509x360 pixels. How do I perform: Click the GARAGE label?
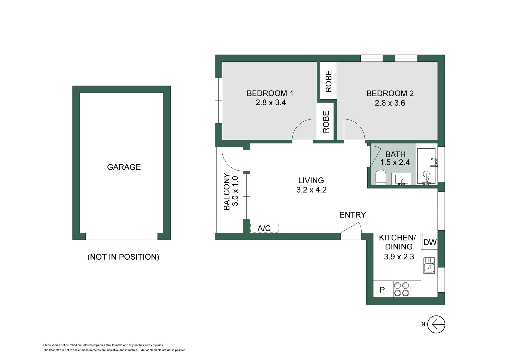pos(124,167)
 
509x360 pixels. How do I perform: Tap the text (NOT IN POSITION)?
pos(123,257)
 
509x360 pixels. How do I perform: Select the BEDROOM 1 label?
pos(270,93)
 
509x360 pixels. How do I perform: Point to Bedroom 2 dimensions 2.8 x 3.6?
pos(390,103)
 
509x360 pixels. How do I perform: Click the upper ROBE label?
pos(329,81)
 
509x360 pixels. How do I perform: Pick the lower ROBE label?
pos(326,122)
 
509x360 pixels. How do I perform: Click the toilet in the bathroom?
pos(380,177)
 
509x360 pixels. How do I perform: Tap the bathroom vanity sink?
pos(402,179)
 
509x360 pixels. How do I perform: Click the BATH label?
pos(395,154)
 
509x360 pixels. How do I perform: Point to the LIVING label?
pos(311,180)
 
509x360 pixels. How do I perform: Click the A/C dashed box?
pos(264,228)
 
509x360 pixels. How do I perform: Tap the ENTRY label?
pos(353,215)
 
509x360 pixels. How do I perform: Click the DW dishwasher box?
pos(430,242)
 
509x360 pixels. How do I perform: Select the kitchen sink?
pos(429,265)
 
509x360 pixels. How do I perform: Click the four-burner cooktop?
pos(402,289)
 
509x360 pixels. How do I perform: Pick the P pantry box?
pos(382,290)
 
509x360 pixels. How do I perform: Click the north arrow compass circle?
pos(436,324)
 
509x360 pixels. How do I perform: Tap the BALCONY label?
pos(227,192)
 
